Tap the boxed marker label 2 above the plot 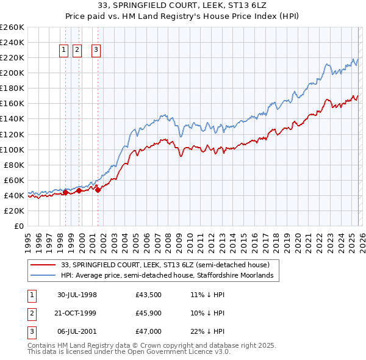pos(77,51)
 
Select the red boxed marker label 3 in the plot pos(96,51)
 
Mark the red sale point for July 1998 pos(66,193)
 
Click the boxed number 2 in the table pos(31,313)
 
